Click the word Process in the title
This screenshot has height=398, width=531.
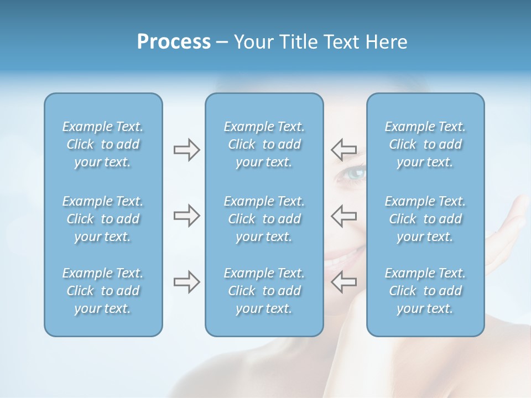tap(174, 42)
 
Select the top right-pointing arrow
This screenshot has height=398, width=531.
tap(186, 149)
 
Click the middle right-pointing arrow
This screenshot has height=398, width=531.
tap(186, 216)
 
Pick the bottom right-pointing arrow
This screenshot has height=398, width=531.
tap(186, 281)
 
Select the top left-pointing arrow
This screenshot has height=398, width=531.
tap(343, 149)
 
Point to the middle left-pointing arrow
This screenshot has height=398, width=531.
tap(343, 216)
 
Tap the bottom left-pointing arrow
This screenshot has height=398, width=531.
tap(343, 281)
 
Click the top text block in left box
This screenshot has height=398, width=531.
tap(103, 144)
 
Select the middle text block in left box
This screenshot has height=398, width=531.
tap(103, 219)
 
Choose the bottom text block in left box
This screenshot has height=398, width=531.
tap(103, 291)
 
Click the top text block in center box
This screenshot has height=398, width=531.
tap(264, 144)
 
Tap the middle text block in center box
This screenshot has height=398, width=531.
tap(264, 219)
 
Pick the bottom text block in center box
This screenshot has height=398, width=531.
tap(264, 291)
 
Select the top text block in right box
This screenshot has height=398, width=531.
tap(425, 144)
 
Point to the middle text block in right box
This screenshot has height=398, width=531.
tap(425, 219)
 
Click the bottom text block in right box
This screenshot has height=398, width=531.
tap(425, 291)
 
